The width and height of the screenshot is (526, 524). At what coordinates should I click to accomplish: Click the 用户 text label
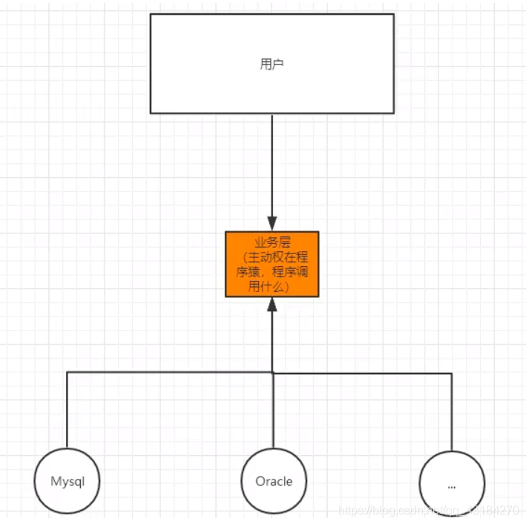coord(272,64)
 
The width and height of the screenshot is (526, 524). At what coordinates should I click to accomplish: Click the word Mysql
coord(67,481)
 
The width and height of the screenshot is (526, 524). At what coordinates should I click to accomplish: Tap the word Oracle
coord(274,481)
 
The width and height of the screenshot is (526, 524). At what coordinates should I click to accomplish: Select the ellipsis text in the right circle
coord(452,486)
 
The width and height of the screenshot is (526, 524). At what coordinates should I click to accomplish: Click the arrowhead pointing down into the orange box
coord(272,224)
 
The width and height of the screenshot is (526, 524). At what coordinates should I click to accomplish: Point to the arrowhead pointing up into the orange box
coord(272,304)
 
